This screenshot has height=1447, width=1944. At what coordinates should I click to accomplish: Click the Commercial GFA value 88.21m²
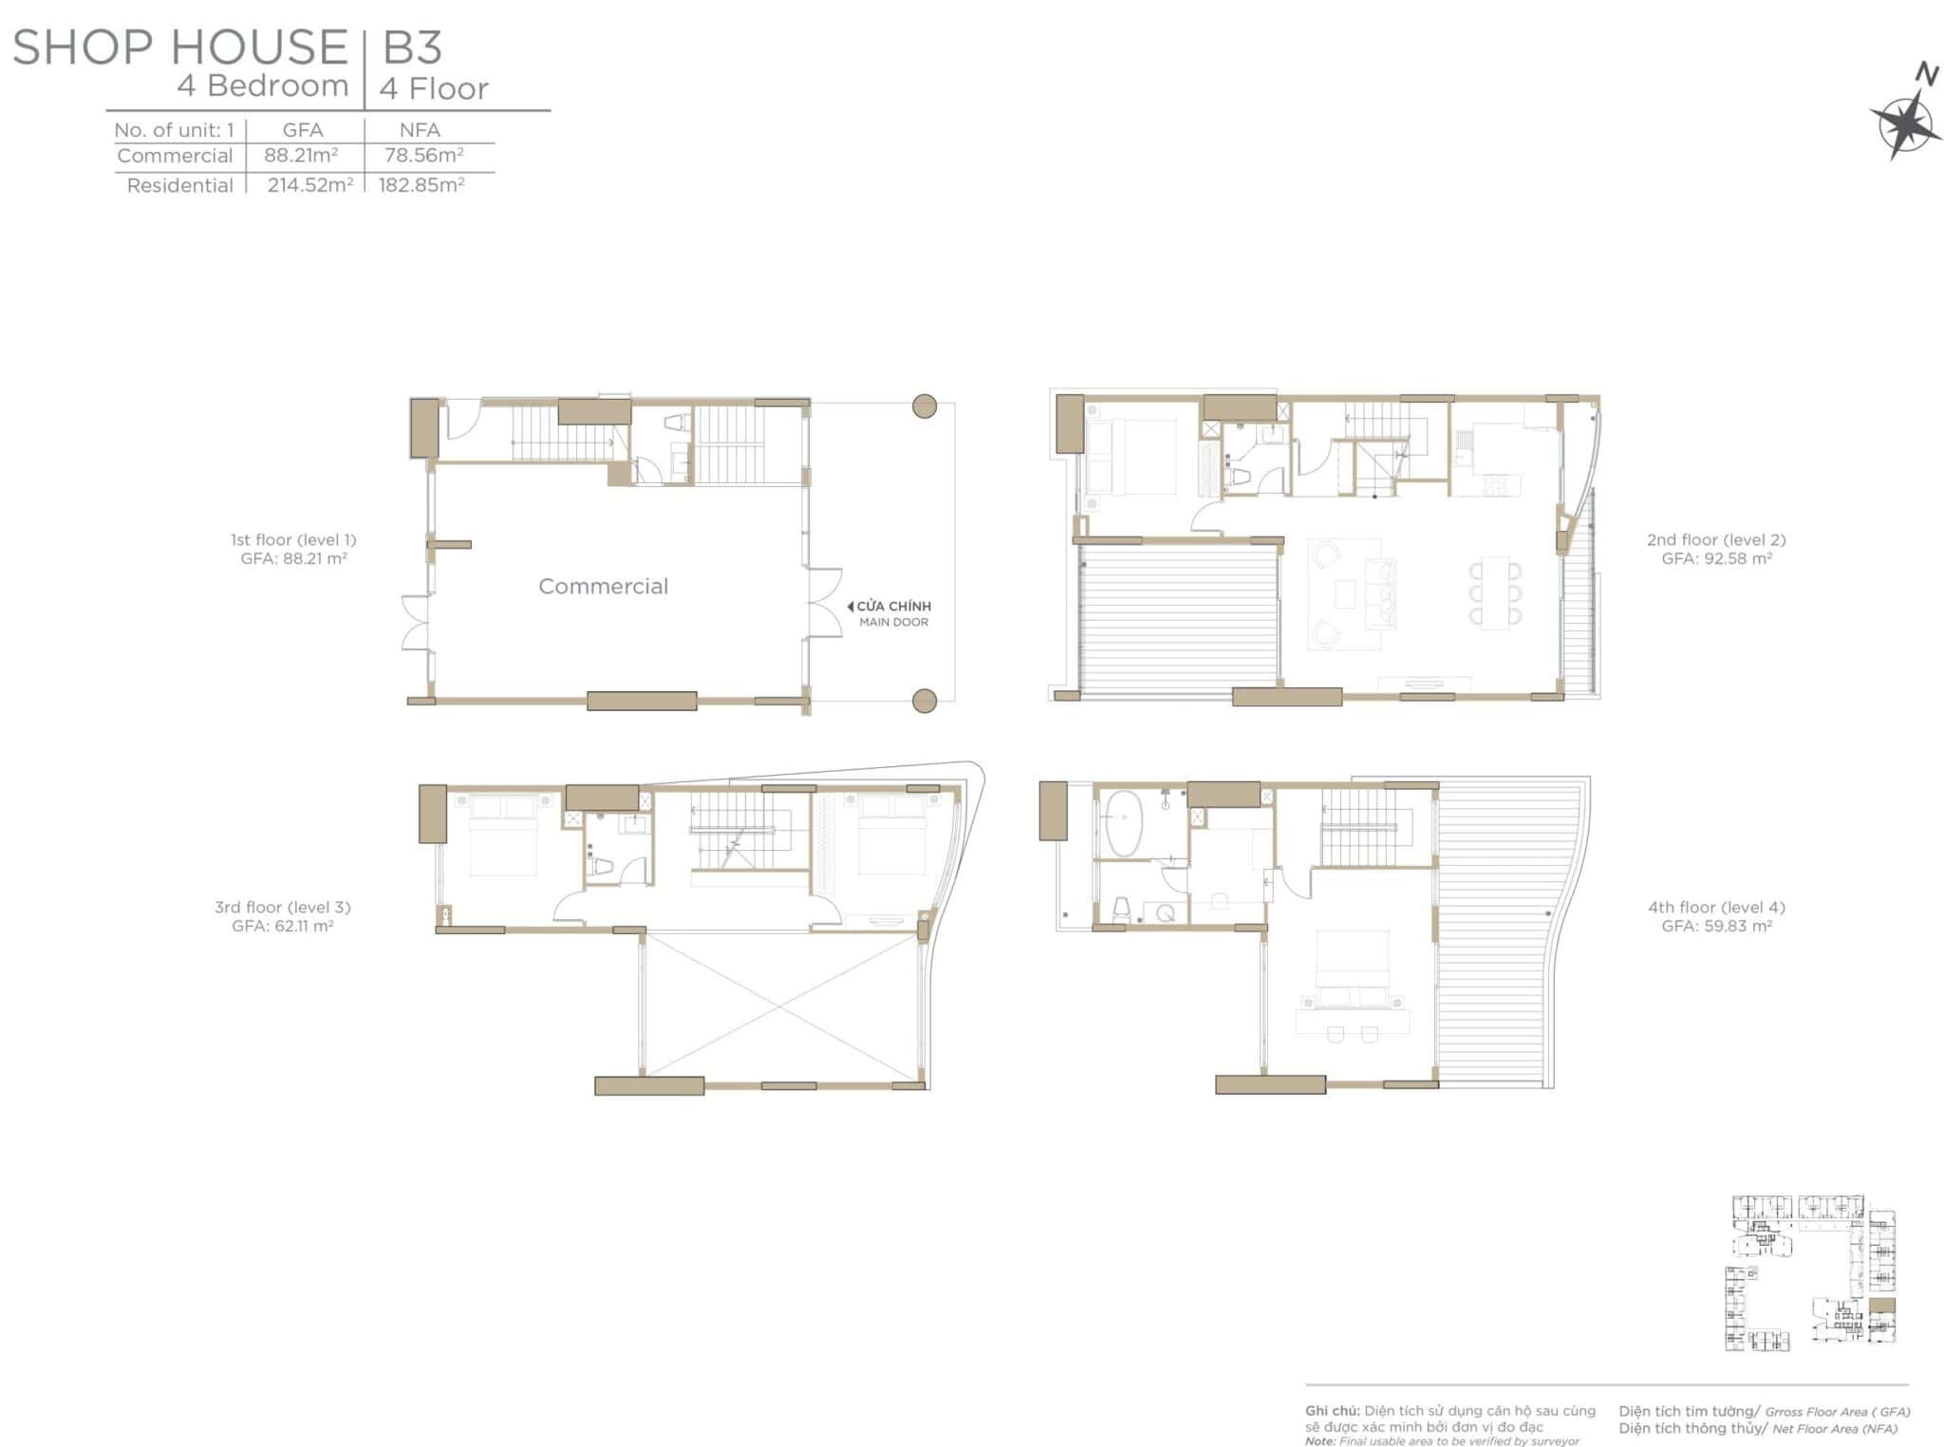(x=301, y=155)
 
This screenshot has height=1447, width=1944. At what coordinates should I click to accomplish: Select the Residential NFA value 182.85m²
(x=421, y=184)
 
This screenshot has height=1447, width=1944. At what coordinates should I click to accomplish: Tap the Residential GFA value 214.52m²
(x=309, y=184)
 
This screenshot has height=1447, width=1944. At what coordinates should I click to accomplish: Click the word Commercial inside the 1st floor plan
(x=603, y=586)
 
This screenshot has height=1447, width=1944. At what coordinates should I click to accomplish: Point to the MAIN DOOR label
(x=893, y=622)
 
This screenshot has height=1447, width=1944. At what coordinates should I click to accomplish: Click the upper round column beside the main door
(x=925, y=406)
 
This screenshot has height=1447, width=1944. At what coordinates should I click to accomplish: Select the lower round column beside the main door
(x=925, y=701)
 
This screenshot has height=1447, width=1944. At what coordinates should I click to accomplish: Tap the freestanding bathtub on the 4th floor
(x=1124, y=823)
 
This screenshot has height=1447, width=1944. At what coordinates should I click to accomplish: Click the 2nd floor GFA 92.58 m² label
(x=1716, y=558)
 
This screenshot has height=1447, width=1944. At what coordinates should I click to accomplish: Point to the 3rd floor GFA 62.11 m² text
(x=283, y=926)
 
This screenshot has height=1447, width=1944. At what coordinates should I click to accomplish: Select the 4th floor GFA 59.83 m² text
(x=1716, y=926)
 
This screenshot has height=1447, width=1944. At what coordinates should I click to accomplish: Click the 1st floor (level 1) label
(x=293, y=539)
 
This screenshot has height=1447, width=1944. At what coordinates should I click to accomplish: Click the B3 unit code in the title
(x=412, y=47)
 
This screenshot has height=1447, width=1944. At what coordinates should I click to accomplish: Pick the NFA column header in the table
(x=420, y=130)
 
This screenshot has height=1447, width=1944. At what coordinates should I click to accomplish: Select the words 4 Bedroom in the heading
(x=263, y=85)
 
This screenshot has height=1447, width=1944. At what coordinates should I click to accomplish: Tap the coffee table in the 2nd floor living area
(x=1345, y=593)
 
